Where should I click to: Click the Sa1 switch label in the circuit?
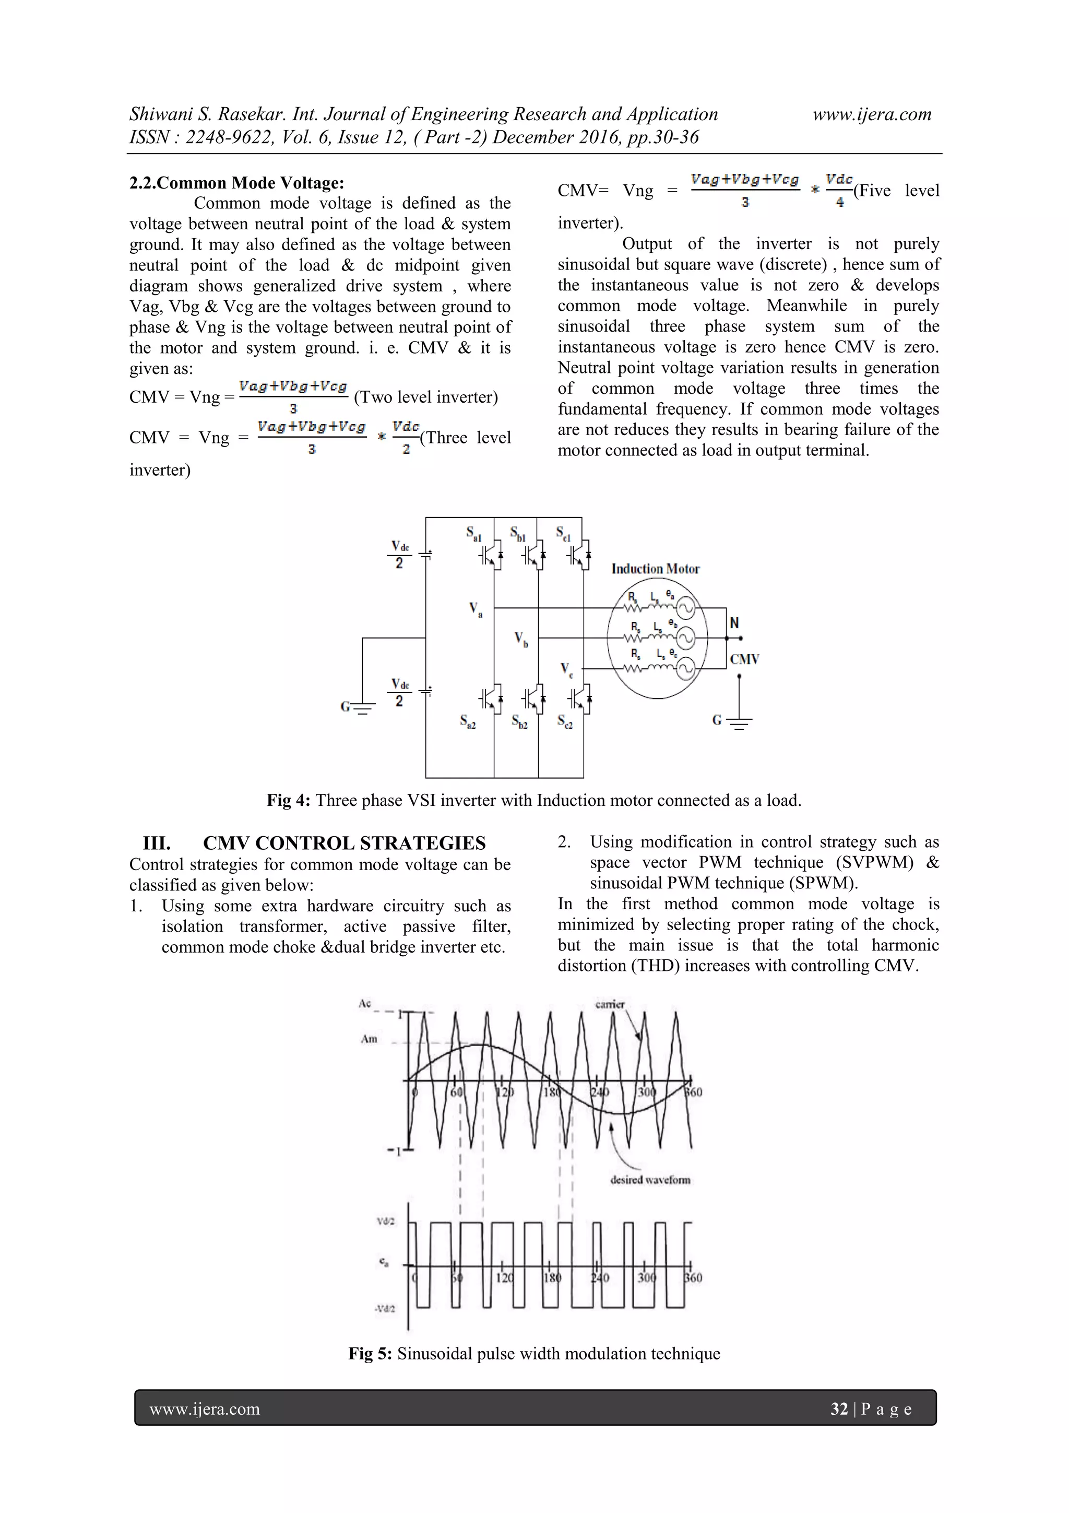[x=473, y=533]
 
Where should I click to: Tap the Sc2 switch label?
[x=564, y=722]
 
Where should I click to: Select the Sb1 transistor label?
[x=518, y=533]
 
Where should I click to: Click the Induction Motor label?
[x=656, y=569]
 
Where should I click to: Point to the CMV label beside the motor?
[x=744, y=659]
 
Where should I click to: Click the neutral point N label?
[x=734, y=623]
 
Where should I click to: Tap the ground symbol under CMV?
[x=739, y=722]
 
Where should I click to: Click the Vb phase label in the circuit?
[x=521, y=639]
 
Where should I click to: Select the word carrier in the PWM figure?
[x=609, y=1004]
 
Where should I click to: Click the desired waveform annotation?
[x=650, y=1180]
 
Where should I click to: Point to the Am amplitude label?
[x=369, y=1039]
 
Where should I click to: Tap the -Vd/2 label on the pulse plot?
[x=385, y=1308]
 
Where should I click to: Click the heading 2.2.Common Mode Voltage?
[x=236, y=183]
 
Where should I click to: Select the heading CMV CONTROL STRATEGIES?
[x=344, y=843]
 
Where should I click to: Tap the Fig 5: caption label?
[x=370, y=1354]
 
